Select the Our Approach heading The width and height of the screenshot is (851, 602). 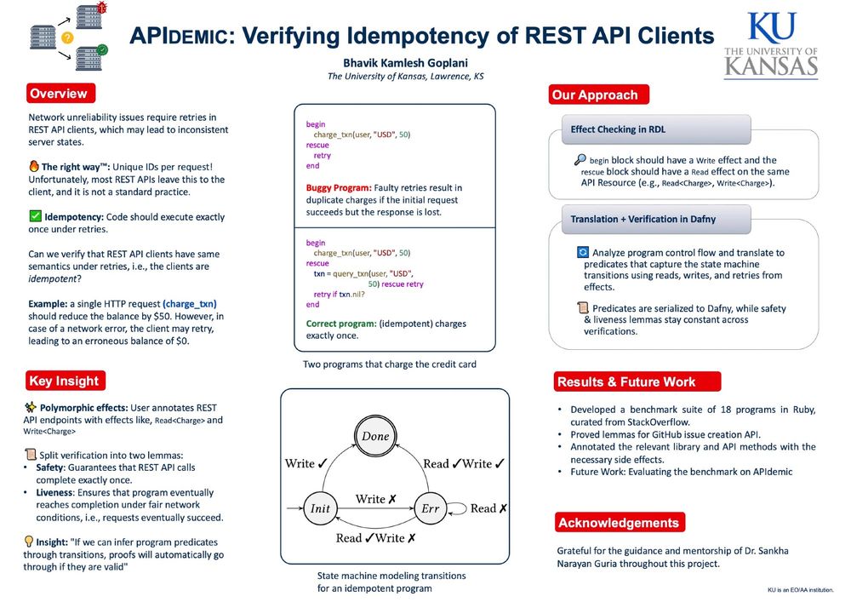pyautogui.click(x=598, y=95)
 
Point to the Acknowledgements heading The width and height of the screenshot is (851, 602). pyautogui.click(x=620, y=522)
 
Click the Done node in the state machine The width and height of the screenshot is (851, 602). pyautogui.click(x=375, y=436)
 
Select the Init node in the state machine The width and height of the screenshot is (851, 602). pyautogui.click(x=320, y=508)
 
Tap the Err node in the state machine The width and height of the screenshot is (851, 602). pyautogui.click(x=430, y=508)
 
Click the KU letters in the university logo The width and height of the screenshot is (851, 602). pyautogui.click(x=771, y=27)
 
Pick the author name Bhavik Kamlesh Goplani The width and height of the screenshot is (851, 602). pyautogui.click(x=405, y=63)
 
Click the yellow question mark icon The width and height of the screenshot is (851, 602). pyautogui.click(x=67, y=37)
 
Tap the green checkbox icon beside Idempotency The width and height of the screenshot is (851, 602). pyautogui.click(x=35, y=216)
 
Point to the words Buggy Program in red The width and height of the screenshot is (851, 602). pyautogui.click(x=339, y=188)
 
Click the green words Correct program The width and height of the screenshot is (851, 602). pyautogui.click(x=341, y=324)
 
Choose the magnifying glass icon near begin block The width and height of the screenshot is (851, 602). pyautogui.click(x=580, y=159)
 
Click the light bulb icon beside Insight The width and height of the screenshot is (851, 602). pyautogui.click(x=29, y=542)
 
